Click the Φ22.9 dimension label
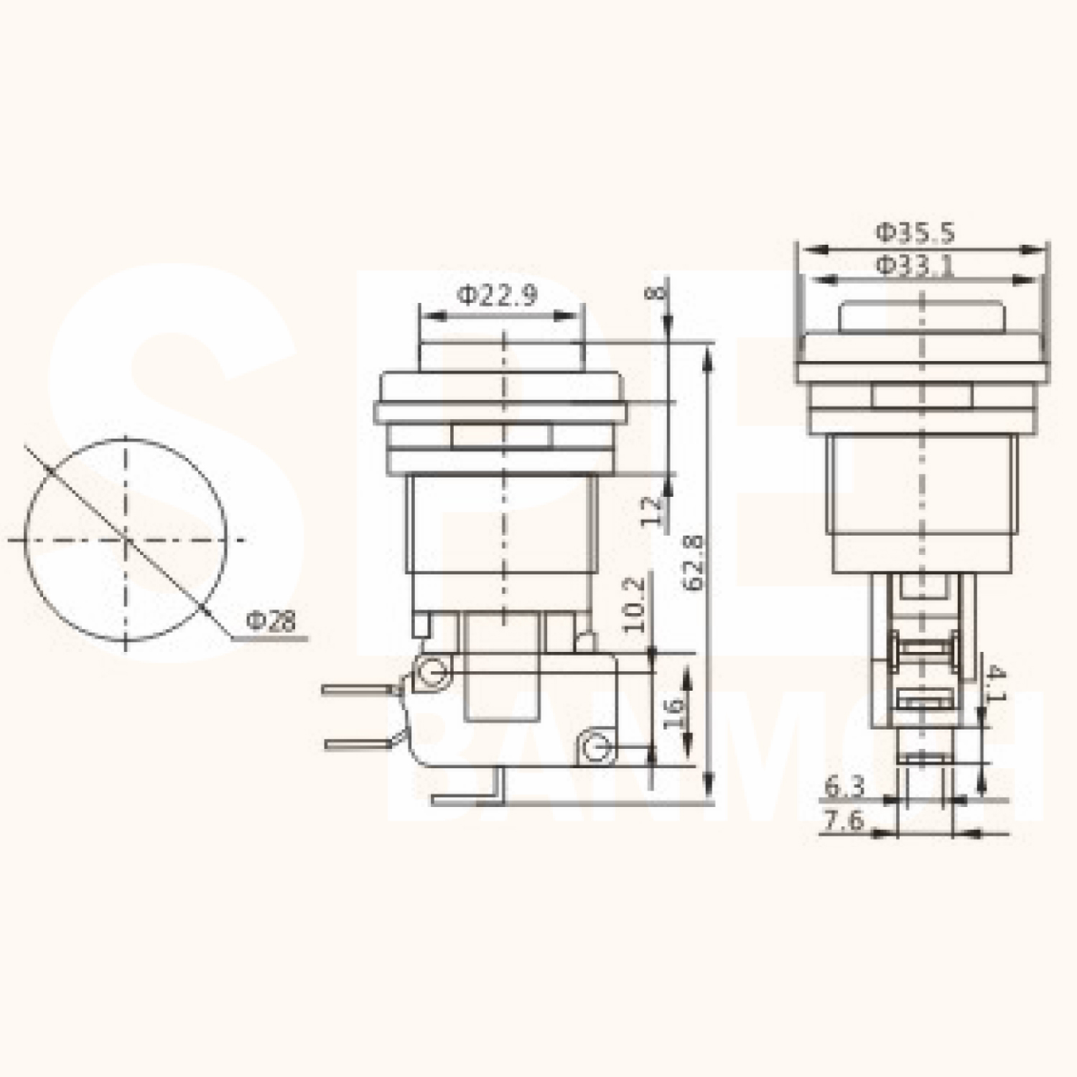pyautogui.click(x=498, y=296)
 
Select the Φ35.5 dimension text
pyautogui.click(x=914, y=232)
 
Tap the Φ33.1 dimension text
pyautogui.click(x=914, y=266)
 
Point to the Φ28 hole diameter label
pyautogui.click(x=270, y=620)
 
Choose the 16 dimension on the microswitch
pyautogui.click(x=673, y=714)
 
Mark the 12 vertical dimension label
pyautogui.click(x=651, y=511)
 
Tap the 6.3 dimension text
pyautogui.click(x=844, y=788)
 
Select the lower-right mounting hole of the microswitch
pyautogui.click(x=595, y=749)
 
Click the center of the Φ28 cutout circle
pyautogui.click(x=126, y=539)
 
